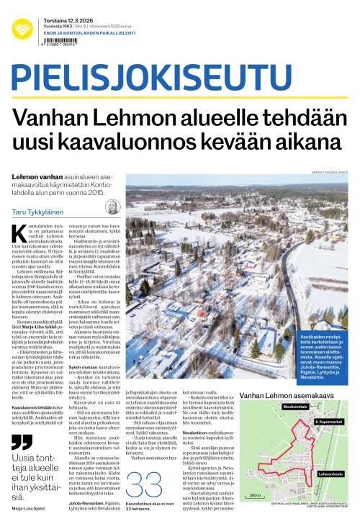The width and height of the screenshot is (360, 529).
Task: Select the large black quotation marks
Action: click(22, 440)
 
